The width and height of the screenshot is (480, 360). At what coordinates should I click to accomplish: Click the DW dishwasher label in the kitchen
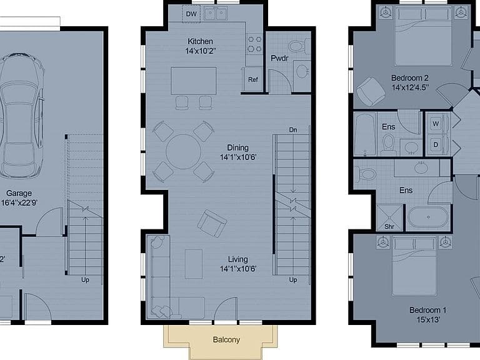[191, 14]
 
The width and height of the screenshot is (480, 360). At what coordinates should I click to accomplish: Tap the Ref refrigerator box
[253, 79]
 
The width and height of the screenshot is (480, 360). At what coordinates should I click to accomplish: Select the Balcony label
[226, 339]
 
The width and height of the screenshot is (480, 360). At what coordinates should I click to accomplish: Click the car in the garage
[20, 116]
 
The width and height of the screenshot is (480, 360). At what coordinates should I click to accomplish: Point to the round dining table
[183, 151]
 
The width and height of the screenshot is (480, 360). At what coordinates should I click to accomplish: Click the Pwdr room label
[279, 58]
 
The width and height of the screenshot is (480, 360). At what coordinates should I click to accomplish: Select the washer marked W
[436, 124]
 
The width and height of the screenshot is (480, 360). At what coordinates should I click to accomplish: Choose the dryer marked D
[436, 144]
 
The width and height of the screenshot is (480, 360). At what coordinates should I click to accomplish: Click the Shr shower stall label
[389, 226]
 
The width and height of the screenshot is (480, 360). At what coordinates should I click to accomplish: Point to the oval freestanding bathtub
[428, 217]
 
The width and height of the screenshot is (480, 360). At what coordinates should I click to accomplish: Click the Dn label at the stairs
[293, 130]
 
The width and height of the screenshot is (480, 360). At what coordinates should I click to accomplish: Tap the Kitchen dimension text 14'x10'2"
[200, 51]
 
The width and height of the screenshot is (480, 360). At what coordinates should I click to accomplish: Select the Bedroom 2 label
[410, 78]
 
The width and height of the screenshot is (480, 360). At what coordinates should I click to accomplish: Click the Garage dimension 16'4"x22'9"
[19, 202]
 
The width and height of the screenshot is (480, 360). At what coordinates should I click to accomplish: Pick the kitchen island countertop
[194, 81]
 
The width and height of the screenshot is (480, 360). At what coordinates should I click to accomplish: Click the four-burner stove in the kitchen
[254, 44]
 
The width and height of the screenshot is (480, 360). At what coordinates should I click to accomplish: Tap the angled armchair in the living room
[212, 224]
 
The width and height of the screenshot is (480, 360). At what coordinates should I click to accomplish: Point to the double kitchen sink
[216, 14]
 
